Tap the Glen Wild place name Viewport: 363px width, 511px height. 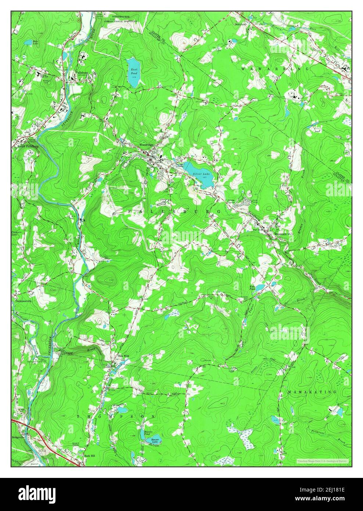point(123,356)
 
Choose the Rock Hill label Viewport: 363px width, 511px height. point(90,455)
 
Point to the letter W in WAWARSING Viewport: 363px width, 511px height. point(243,68)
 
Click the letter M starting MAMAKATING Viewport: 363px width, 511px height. point(289,392)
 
